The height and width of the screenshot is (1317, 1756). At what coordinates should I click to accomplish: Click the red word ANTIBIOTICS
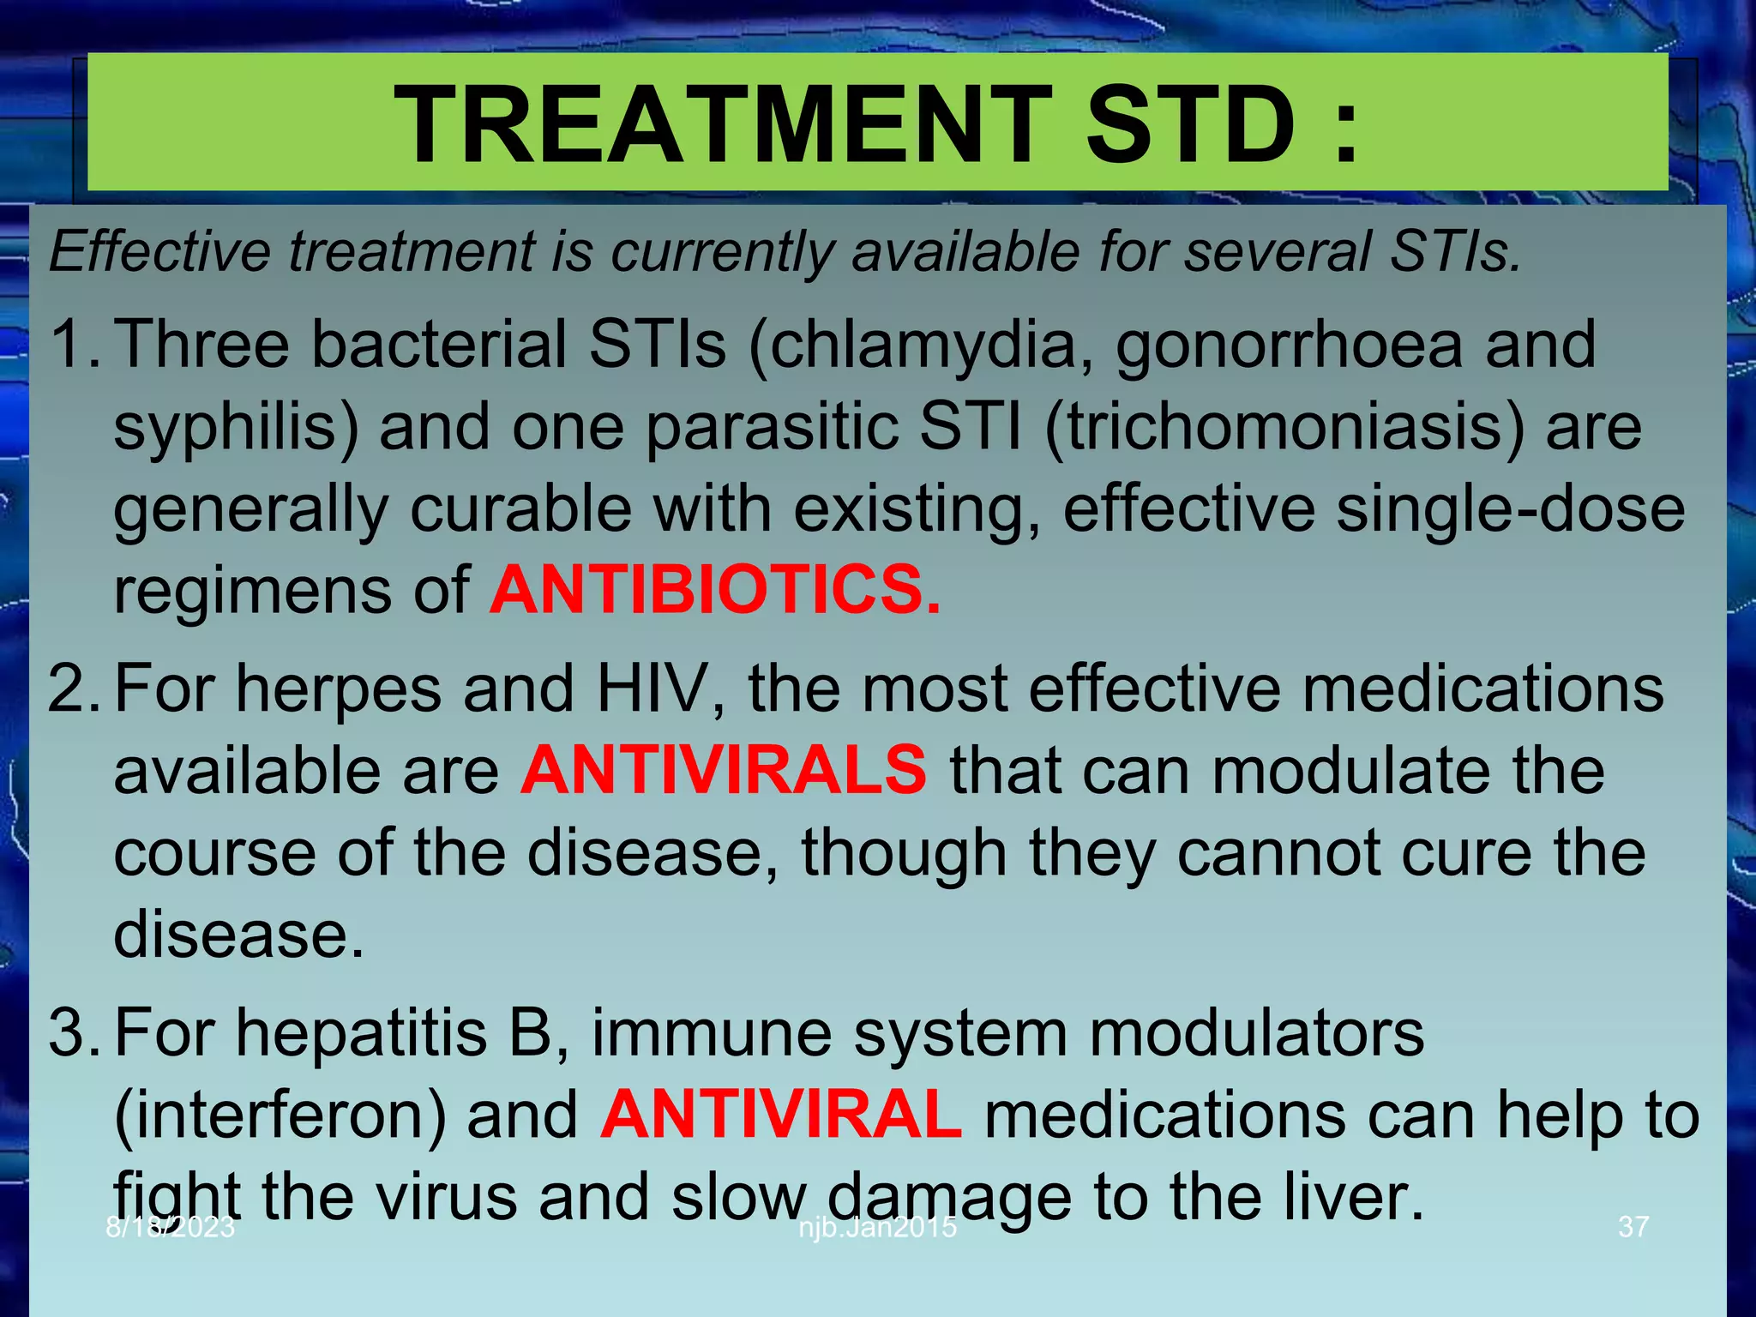[714, 591]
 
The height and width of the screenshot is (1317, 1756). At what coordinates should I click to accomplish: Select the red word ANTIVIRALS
[723, 769]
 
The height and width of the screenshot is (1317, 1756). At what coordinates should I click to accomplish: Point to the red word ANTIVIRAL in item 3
[780, 1114]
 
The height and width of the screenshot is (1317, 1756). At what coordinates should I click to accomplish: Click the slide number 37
[1633, 1227]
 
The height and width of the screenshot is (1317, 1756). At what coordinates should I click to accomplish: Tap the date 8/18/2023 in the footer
[170, 1227]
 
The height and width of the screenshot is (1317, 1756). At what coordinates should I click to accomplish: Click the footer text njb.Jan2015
[877, 1227]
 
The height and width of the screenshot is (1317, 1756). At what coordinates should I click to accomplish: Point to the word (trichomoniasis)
[1284, 428]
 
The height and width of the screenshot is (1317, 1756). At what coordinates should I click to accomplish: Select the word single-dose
[1510, 509]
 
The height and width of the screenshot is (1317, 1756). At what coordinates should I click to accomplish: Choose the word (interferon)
[280, 1116]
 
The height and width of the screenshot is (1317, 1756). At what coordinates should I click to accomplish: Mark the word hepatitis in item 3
[361, 1032]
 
